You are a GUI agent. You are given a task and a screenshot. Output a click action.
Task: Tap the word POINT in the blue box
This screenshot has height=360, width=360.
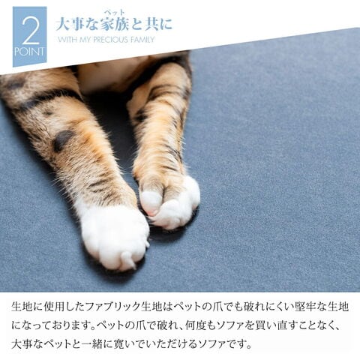[29, 52]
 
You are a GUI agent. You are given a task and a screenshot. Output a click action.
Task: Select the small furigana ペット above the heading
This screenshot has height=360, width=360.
[114, 12]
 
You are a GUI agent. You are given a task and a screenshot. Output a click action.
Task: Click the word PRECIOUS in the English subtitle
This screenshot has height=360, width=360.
[110, 40]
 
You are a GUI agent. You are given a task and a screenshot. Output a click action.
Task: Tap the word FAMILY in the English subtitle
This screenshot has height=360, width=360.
[142, 40]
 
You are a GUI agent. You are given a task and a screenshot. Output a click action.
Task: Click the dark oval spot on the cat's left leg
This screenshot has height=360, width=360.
[61, 140]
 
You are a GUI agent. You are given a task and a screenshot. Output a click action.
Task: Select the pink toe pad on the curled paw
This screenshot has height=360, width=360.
[152, 213]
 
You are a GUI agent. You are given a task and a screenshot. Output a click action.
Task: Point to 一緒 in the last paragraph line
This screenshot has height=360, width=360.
[93, 344]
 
